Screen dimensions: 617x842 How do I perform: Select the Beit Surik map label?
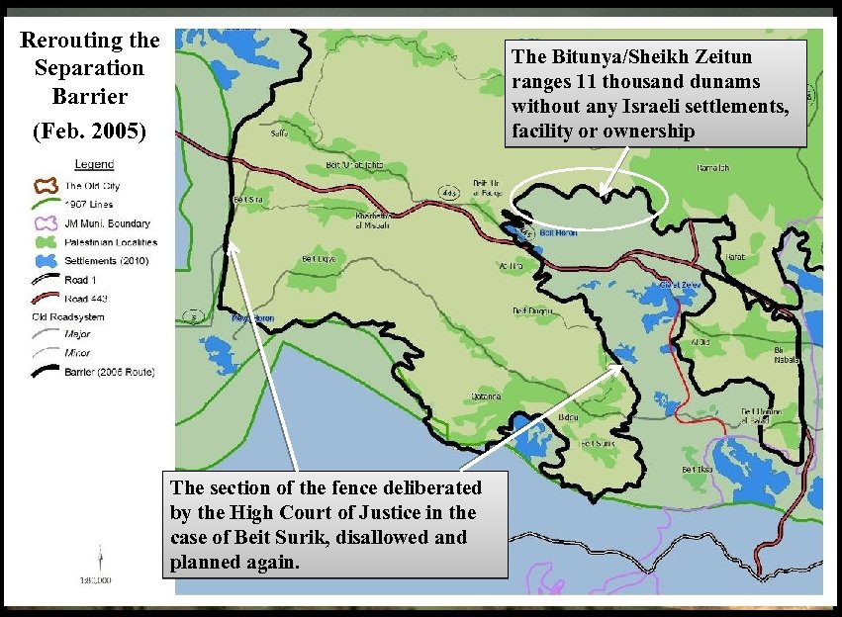pos(597,444)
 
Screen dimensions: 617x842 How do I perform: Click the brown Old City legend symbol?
pos(42,185)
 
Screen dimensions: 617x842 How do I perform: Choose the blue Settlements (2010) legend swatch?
pos(42,261)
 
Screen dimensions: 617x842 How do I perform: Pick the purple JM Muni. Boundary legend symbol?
pos(42,223)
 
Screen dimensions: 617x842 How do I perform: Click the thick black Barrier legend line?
pos(42,372)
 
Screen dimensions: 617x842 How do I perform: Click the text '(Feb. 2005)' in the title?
pos(88,130)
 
